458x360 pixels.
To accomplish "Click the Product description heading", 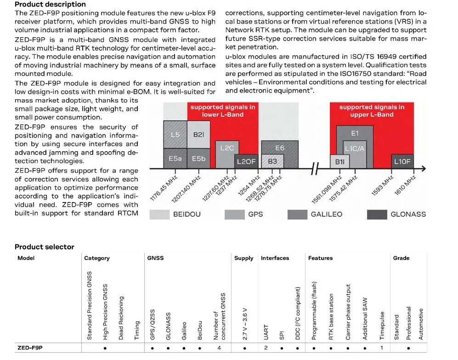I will click(x=50, y=5).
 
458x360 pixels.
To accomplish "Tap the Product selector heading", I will click(x=44, y=247).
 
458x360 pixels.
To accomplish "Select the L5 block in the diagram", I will click(x=175, y=135).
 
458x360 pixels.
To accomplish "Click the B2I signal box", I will click(x=198, y=135).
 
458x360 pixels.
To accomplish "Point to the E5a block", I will click(x=175, y=158).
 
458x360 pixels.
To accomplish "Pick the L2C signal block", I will click(x=227, y=148).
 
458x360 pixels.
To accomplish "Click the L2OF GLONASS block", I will click(x=246, y=161).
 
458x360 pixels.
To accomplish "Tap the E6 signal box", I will click(x=280, y=148).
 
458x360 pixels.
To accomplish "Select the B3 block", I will click(x=272, y=161).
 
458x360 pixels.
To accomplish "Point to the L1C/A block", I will click(x=355, y=149).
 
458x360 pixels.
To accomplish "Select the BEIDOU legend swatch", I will click(x=159, y=214).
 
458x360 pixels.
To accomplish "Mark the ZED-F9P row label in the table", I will click(x=30, y=348).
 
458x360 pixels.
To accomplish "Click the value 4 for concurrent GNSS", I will click(x=219, y=348).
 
